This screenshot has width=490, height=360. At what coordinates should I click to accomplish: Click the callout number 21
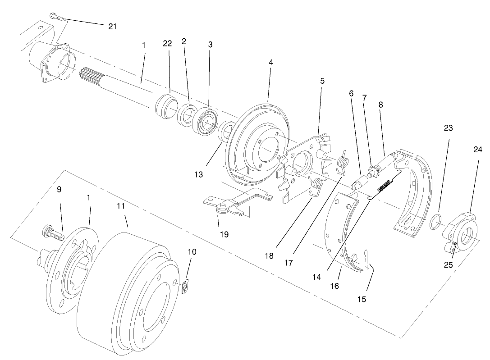click(x=112, y=26)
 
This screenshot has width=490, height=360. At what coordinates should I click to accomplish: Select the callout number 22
click(x=167, y=43)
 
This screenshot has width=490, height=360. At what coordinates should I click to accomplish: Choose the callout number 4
click(x=270, y=62)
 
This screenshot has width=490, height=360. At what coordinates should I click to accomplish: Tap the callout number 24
click(x=477, y=150)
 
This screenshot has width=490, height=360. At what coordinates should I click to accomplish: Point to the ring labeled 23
click(x=436, y=222)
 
